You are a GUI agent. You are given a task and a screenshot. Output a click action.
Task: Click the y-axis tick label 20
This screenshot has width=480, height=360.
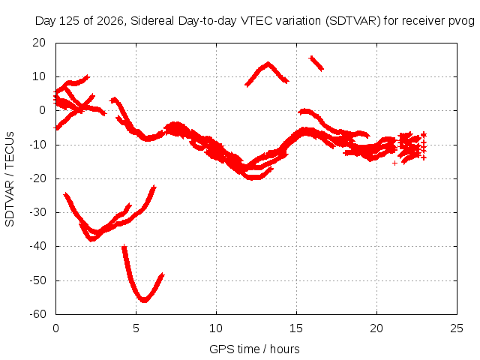pyautogui.click(x=39, y=43)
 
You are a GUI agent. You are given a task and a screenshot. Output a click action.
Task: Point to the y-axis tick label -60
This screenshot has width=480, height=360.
pyautogui.click(x=37, y=314)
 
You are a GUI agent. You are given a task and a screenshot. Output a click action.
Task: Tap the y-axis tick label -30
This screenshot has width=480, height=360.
pyautogui.click(x=37, y=212)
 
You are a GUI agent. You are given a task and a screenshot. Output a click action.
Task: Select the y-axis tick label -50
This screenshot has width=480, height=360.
pyautogui.click(x=37, y=280)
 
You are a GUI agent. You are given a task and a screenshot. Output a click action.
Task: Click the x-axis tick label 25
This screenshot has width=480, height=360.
pyautogui.click(x=457, y=328)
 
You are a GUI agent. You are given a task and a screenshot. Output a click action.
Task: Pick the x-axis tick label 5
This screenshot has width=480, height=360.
pyautogui.click(x=136, y=328)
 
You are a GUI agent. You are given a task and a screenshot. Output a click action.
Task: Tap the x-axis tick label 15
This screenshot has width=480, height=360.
pyautogui.click(x=296, y=328)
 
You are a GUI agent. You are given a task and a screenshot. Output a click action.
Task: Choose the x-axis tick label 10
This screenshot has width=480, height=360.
pyautogui.click(x=216, y=328)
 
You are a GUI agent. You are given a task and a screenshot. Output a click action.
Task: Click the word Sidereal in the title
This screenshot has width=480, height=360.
pyautogui.click(x=152, y=21)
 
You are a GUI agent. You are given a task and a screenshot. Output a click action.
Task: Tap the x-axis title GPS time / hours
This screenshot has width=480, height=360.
pyautogui.click(x=254, y=349)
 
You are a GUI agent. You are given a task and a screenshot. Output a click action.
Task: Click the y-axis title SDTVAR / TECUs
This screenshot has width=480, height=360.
pyautogui.click(x=10, y=179)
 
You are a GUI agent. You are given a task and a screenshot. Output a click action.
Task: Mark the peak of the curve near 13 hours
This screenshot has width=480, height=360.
pyautogui.click(x=268, y=64)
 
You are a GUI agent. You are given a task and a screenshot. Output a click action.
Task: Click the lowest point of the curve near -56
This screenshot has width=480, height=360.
pyautogui.click(x=144, y=301)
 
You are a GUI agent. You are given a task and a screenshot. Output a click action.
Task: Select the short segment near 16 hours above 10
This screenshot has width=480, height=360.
pyautogui.click(x=316, y=63)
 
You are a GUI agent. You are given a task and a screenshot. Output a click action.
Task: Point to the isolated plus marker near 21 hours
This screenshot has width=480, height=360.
pyautogui.click(x=395, y=163)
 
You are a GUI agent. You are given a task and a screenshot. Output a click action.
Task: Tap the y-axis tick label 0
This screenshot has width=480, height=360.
pyautogui.click(x=43, y=110)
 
